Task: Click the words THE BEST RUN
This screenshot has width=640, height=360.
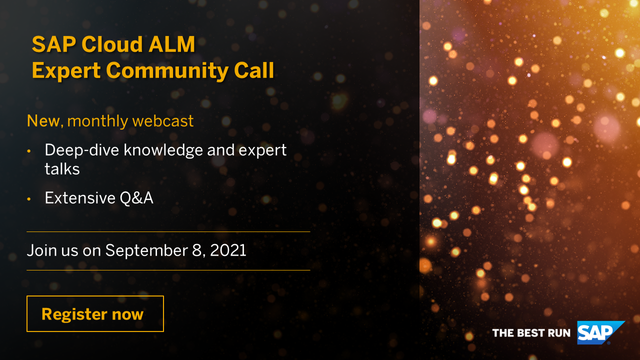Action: click(531, 332)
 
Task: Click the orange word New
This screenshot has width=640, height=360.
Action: click(43, 122)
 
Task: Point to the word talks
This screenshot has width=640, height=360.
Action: click(62, 171)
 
